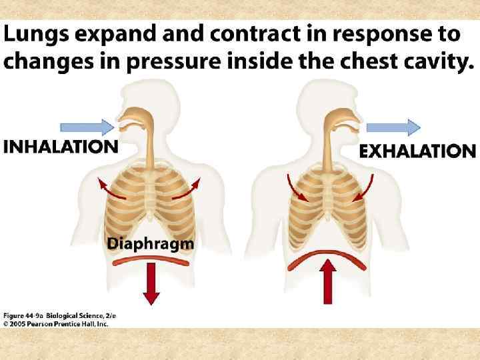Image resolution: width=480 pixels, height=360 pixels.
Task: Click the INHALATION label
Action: [61, 147]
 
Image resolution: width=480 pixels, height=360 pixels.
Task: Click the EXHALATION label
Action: [417, 151]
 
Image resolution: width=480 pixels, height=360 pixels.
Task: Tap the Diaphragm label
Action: [151, 244]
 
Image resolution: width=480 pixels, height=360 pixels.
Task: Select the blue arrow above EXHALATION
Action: [393, 126]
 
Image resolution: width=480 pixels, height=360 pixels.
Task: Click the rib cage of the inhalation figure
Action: [151, 200]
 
